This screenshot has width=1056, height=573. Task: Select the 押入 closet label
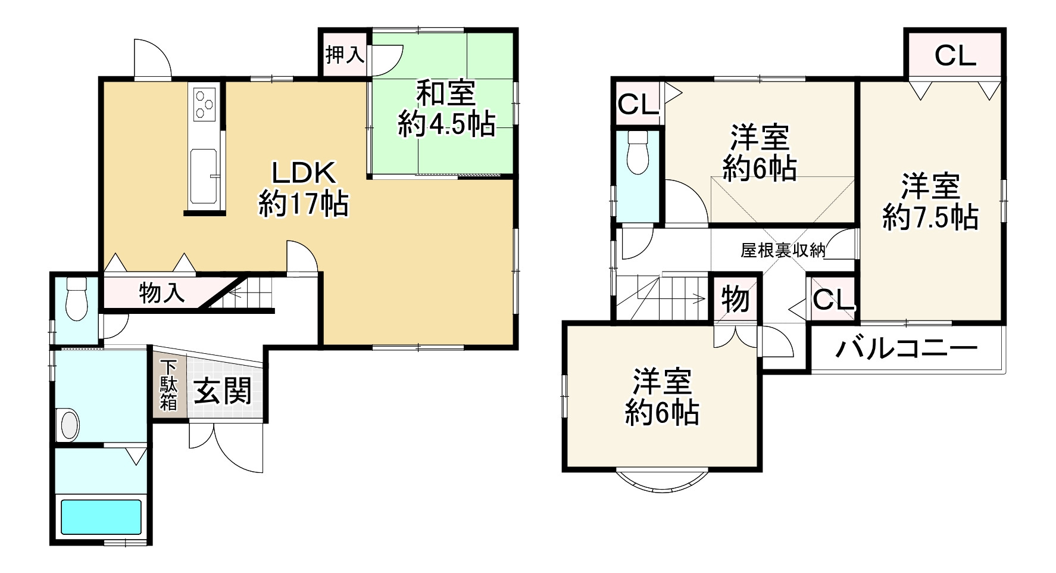(345, 55)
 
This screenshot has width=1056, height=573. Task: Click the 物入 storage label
(162, 292)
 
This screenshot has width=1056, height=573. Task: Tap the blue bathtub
(101, 517)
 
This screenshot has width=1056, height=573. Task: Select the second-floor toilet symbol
(638, 152)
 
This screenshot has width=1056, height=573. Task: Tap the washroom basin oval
(69, 424)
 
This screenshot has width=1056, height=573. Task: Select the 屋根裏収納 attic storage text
(782, 250)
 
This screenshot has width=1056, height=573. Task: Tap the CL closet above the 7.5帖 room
(955, 55)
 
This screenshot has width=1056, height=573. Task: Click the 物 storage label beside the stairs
(735, 298)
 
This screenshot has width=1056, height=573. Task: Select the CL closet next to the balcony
(832, 300)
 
